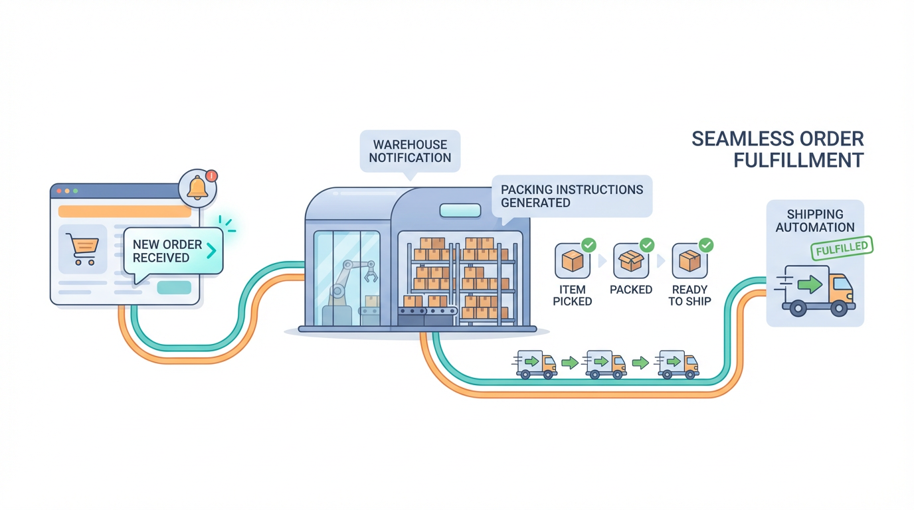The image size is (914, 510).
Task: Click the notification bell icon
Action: tap(197, 188)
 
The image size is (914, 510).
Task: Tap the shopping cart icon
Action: tap(83, 249)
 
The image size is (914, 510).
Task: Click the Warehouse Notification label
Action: tap(410, 151)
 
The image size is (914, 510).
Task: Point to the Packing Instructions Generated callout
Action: tap(571, 196)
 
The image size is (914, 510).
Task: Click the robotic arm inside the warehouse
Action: tap(349, 282)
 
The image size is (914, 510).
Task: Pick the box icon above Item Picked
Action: tap(572, 261)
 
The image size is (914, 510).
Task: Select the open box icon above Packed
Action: tap(630, 261)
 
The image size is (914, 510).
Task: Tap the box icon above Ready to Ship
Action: tap(689, 261)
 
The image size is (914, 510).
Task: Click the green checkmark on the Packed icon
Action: tap(647, 245)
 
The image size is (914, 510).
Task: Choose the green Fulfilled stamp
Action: tap(842, 248)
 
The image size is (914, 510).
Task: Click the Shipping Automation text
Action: tap(815, 220)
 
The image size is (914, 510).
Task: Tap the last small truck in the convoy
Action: tap(678, 364)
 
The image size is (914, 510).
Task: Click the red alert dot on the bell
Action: tap(212, 176)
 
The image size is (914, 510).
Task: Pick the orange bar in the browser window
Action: tap(125, 211)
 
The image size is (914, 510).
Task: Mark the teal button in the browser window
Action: tap(174, 288)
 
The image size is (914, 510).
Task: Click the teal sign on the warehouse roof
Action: tap(460, 211)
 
